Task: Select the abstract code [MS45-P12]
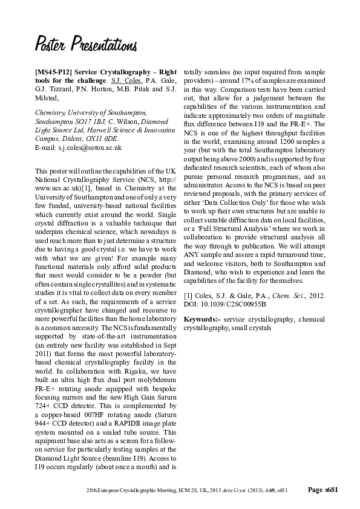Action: click(56, 71)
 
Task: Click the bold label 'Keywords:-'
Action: click(201, 319)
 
